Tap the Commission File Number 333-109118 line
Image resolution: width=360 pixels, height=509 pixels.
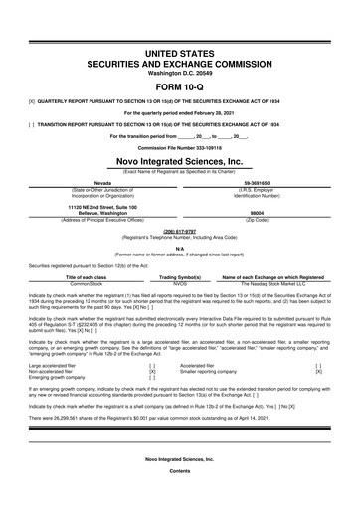click(180, 119)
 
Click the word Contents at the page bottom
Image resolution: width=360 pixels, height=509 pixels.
click(180, 498)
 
